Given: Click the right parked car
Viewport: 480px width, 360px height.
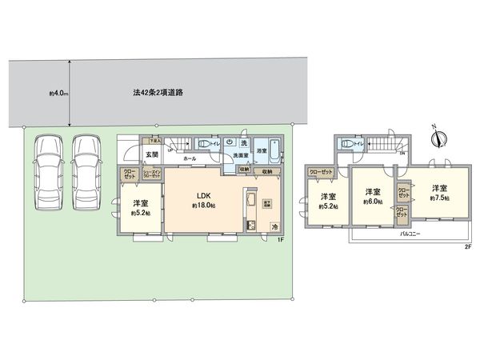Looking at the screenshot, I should (86, 171).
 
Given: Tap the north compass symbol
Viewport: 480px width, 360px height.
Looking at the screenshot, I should (437, 137).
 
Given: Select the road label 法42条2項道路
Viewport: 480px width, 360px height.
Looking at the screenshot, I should (158, 93).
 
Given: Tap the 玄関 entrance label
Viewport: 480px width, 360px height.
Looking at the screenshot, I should (152, 154).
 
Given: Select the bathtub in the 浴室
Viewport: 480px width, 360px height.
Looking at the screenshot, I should (274, 150).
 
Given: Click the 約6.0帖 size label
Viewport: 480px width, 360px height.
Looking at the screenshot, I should (373, 202).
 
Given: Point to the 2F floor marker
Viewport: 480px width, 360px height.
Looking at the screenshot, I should (468, 246).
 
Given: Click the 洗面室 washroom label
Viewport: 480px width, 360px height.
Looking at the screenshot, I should (239, 155).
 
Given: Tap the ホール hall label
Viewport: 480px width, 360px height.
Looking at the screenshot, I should (190, 159).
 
